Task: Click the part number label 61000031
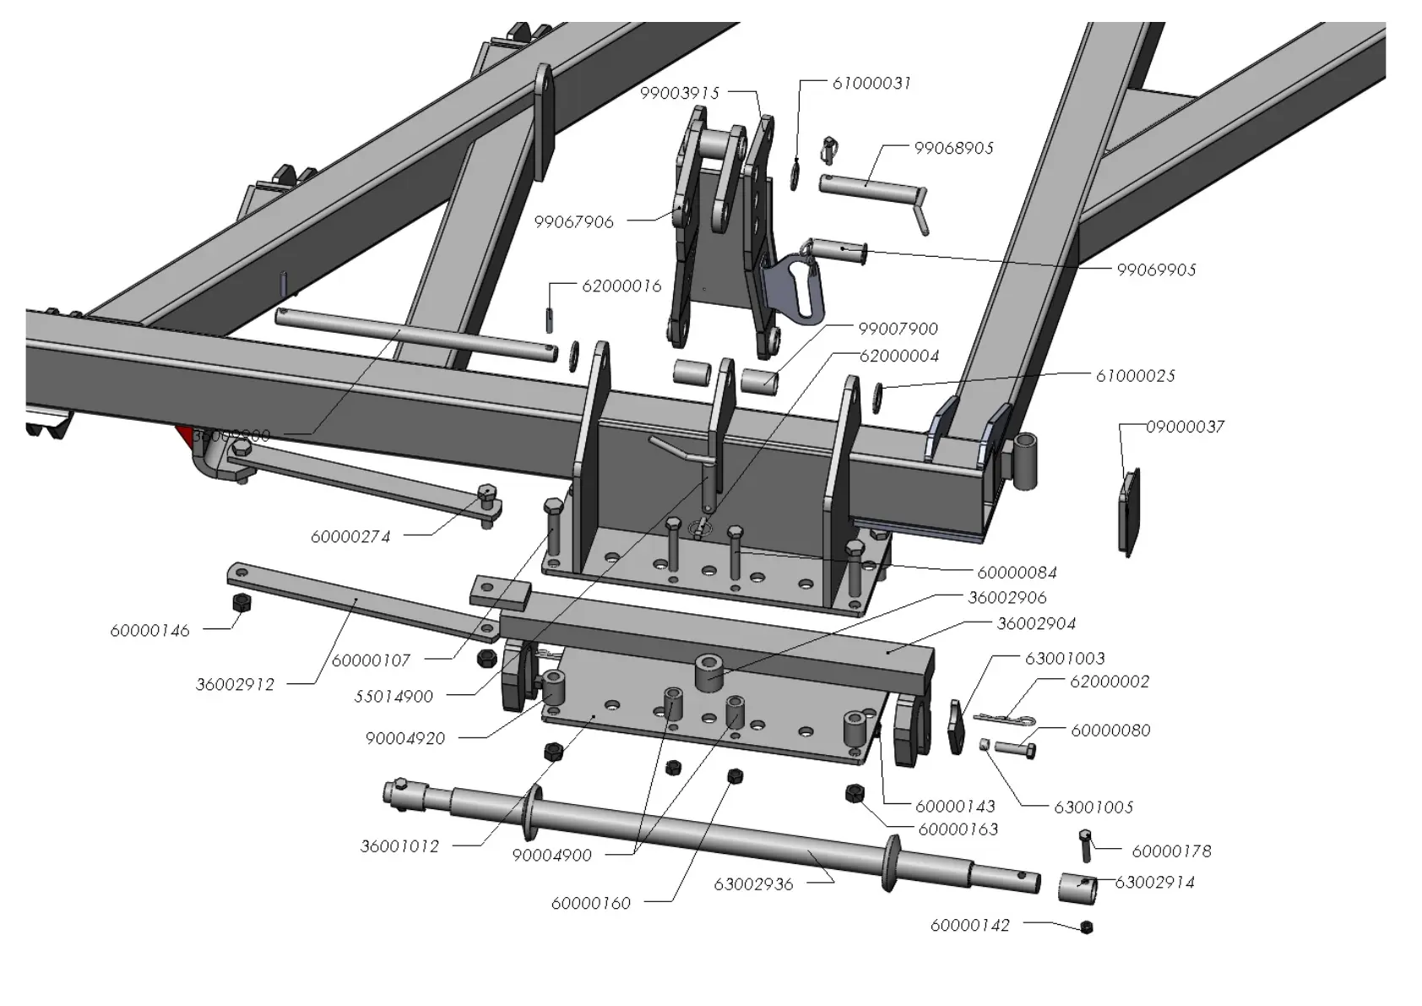click(x=871, y=83)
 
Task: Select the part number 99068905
click(x=953, y=148)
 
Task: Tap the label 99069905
click(x=1156, y=269)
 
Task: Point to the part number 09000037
click(x=1185, y=427)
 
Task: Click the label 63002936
click(x=753, y=884)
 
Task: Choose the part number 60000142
click(x=969, y=925)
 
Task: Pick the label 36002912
click(x=235, y=684)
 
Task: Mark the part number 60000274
click(x=350, y=536)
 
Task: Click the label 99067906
click(x=573, y=222)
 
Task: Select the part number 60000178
click(x=1171, y=851)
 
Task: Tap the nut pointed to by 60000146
click(x=241, y=602)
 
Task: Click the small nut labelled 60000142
click(x=1086, y=927)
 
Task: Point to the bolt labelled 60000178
click(x=1086, y=845)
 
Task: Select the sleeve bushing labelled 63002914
click(x=1078, y=888)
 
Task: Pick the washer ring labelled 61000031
click(x=795, y=174)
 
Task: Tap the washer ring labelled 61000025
click(x=877, y=394)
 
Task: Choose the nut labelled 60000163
click(x=854, y=793)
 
